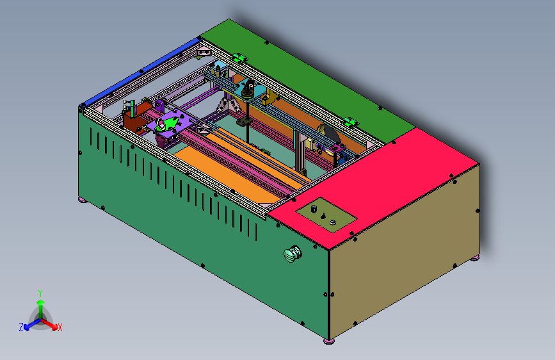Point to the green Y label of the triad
coord(40,293)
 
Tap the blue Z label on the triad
coord(21,327)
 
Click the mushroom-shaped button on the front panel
coord(292,254)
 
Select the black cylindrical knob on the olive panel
coord(314,209)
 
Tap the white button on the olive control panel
coord(332,222)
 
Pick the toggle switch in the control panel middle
coord(323,216)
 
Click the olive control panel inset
coord(326,215)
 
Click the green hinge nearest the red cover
coord(351,122)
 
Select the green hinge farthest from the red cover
coord(239,58)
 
